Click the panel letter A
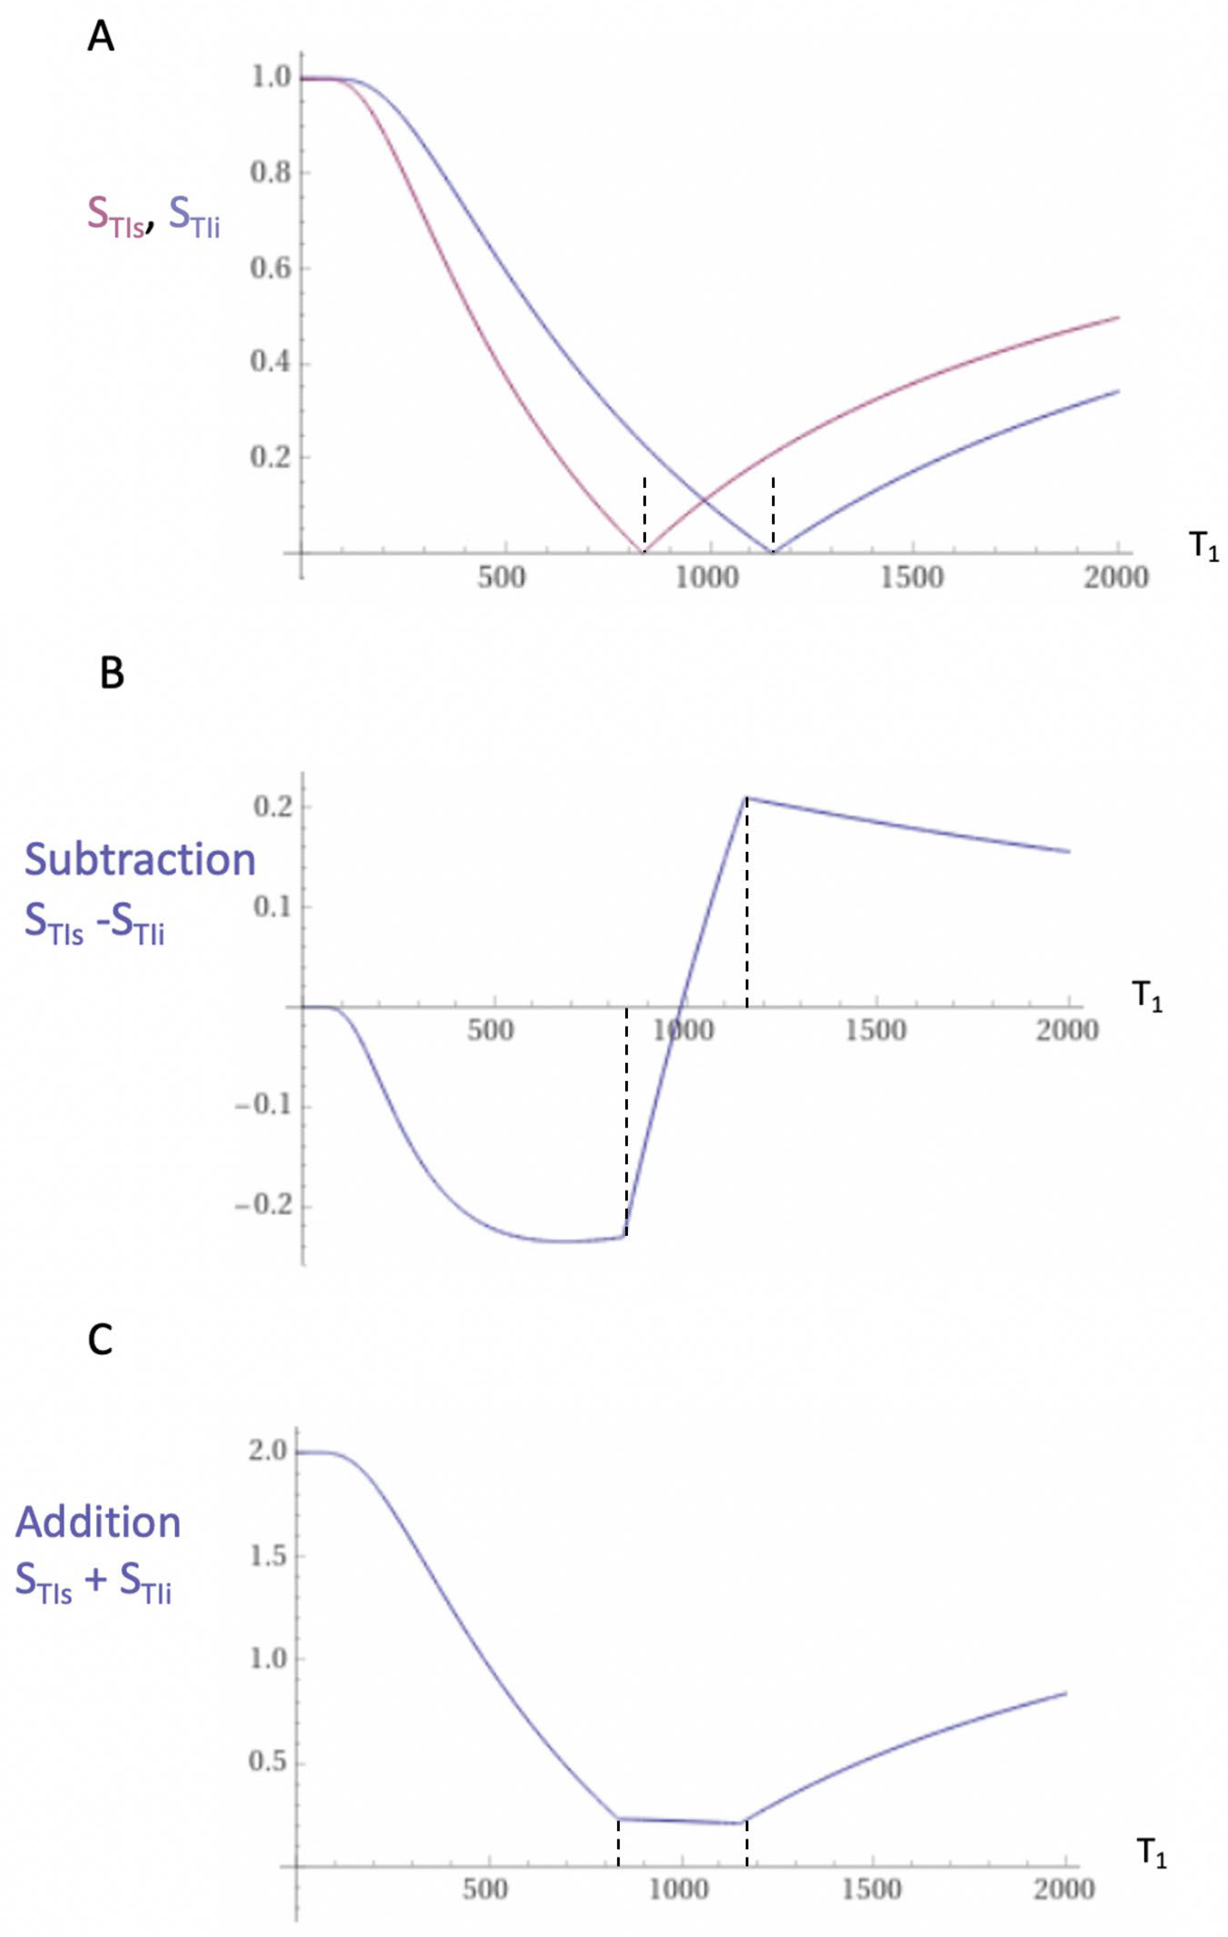coord(101,37)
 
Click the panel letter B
coord(112,673)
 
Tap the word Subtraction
coord(140,859)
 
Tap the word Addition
coord(98,1522)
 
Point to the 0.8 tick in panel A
coord(271,172)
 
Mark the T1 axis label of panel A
coord(1204,546)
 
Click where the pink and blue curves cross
coord(706,500)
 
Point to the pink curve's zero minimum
coord(644,552)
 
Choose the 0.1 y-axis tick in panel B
coord(271,906)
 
